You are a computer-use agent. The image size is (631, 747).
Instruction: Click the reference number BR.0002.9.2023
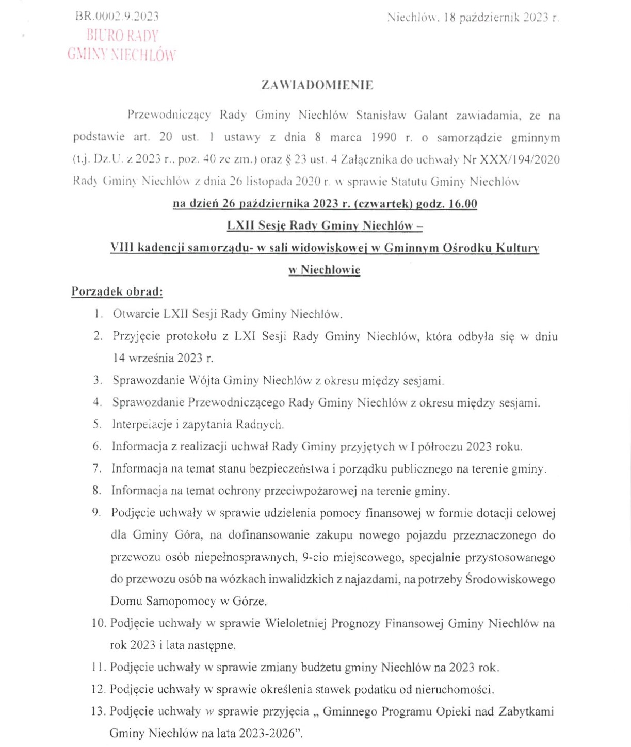[x=117, y=16]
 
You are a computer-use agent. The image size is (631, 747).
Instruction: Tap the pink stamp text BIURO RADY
[x=122, y=36]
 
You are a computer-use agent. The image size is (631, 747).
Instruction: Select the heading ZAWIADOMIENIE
[x=317, y=85]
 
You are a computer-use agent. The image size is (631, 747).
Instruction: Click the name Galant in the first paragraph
[x=431, y=115]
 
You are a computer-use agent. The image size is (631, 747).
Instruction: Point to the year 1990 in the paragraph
[x=384, y=137]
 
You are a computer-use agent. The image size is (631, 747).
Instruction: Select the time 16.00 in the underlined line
[x=463, y=204]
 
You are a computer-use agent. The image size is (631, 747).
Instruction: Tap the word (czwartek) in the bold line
[x=381, y=204]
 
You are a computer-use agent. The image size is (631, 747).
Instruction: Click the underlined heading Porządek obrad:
[x=117, y=292]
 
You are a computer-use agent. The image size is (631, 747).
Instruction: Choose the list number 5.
[x=97, y=425]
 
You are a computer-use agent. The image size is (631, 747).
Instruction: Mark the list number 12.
[x=98, y=689]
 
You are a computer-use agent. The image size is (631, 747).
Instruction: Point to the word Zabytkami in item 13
[x=526, y=711]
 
